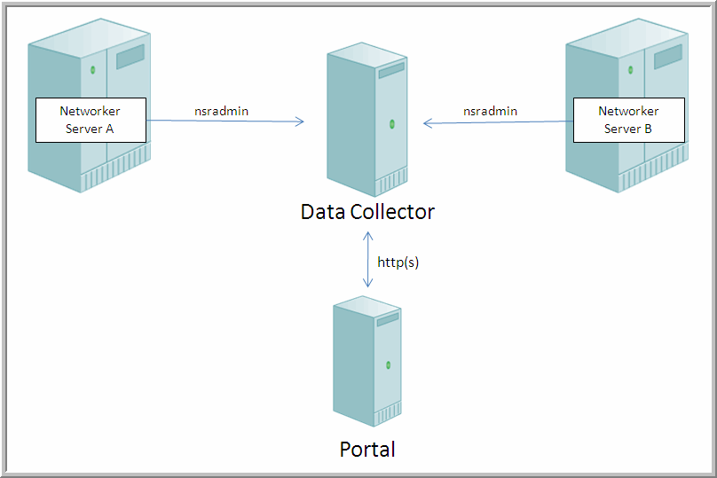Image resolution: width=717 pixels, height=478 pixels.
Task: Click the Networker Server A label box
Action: pos(90,120)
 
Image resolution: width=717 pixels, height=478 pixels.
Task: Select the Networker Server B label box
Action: pos(628,120)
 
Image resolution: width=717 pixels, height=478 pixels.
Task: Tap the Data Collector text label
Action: pos(367,213)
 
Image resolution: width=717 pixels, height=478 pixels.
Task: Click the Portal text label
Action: pos(367,449)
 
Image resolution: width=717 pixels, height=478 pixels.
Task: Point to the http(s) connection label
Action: pos(398,263)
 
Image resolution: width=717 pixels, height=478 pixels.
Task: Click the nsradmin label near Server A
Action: pos(221,111)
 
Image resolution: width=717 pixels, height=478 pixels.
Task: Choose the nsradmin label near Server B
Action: pos(490,111)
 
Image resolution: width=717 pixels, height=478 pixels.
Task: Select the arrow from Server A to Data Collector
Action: pos(226,121)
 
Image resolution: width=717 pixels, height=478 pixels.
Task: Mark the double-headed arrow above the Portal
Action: pos(367,258)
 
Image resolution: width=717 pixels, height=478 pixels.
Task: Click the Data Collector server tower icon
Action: pos(367,124)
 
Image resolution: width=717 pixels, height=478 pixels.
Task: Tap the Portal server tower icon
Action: pos(366,364)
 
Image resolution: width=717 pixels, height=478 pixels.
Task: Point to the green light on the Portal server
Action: pos(388,364)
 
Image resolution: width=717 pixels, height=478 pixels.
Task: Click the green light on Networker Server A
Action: pos(92,68)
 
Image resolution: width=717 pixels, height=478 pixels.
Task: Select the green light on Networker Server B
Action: pos(631,68)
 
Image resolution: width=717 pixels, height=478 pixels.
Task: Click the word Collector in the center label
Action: pos(397,213)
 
